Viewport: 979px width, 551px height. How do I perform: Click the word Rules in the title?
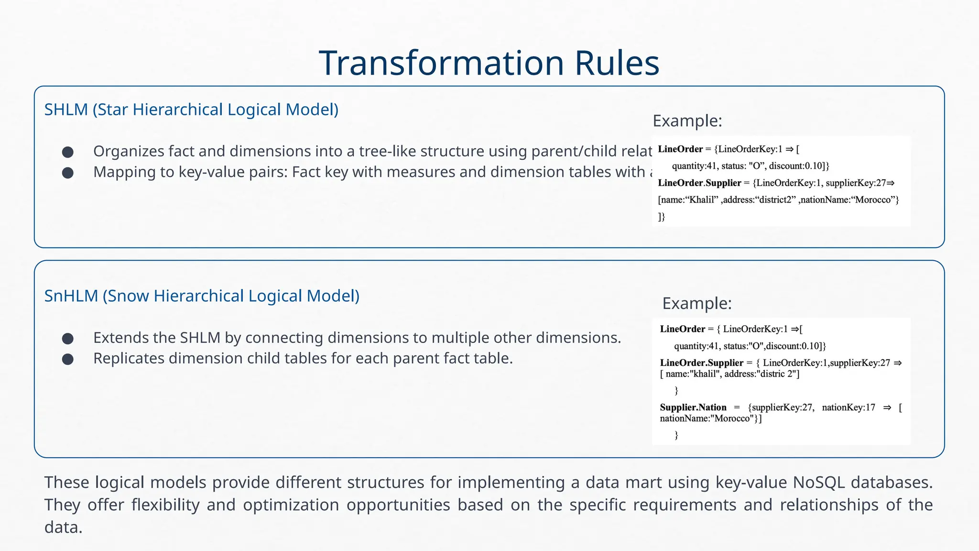click(x=617, y=63)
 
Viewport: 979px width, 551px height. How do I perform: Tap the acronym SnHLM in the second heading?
click(x=71, y=296)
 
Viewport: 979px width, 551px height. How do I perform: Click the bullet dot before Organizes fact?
click(x=68, y=152)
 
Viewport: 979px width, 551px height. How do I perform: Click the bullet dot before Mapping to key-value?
click(x=68, y=173)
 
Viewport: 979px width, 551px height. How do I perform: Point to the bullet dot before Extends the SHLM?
click(x=68, y=339)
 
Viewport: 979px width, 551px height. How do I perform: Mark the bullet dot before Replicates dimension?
click(x=68, y=359)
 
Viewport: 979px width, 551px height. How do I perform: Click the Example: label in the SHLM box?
click(x=687, y=121)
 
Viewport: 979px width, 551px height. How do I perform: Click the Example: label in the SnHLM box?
click(x=696, y=303)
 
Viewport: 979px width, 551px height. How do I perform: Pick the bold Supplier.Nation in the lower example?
click(x=693, y=408)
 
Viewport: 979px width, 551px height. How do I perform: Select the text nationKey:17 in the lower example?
click(x=848, y=408)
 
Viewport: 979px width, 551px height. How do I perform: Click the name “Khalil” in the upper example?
click(x=703, y=200)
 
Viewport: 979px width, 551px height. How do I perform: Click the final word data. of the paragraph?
click(x=63, y=528)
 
